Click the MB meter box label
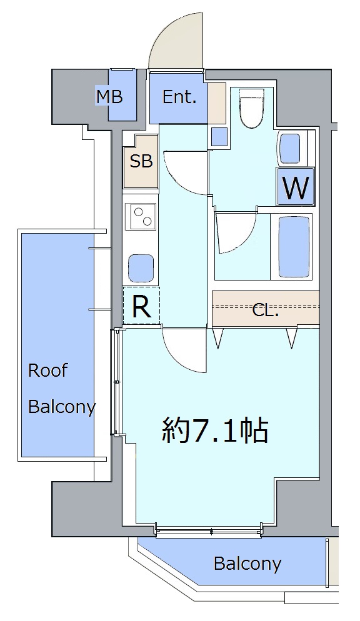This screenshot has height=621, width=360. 110,97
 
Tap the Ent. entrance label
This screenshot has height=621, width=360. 179,97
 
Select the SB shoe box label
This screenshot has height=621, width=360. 141,161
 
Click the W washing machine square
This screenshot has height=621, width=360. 296,186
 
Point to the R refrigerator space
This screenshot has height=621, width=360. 141,306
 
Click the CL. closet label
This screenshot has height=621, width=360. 266,310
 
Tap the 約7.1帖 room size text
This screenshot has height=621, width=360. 215,430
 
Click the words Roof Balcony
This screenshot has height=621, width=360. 62,389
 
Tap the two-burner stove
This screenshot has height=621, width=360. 141,216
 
